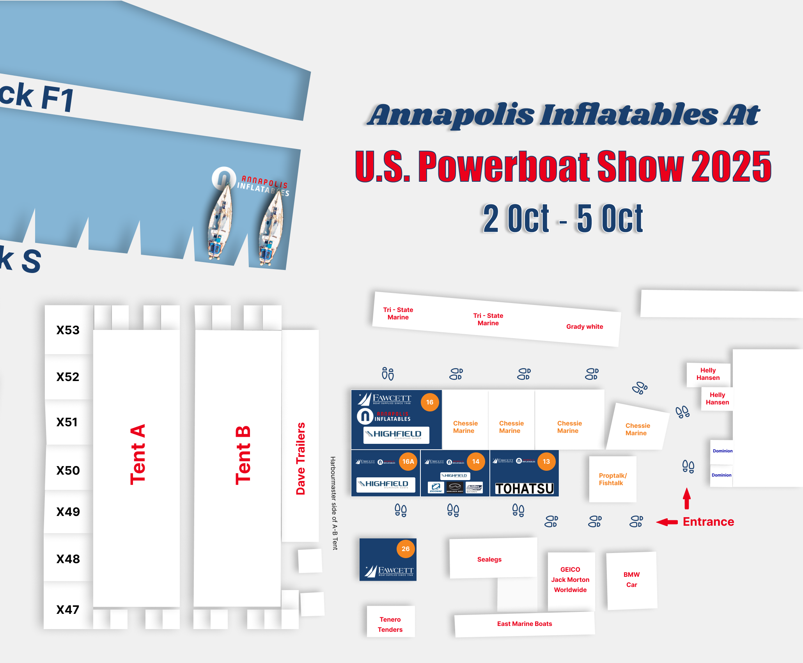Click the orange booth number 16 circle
pyautogui.click(x=429, y=402)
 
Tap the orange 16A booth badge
pyautogui.click(x=408, y=461)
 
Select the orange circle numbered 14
pyautogui.click(x=475, y=461)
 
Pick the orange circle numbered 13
pyautogui.click(x=546, y=461)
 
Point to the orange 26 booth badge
pyautogui.click(x=406, y=549)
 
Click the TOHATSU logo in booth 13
pyautogui.click(x=524, y=488)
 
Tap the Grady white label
pyautogui.click(x=584, y=326)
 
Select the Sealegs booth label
pyautogui.click(x=489, y=559)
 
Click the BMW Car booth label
pyautogui.click(x=631, y=580)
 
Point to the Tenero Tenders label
pyautogui.click(x=390, y=624)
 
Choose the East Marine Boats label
pyautogui.click(x=524, y=624)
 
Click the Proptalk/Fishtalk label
pyautogui.click(x=612, y=479)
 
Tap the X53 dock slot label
pyautogui.click(x=68, y=330)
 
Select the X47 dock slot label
pyautogui.click(x=68, y=609)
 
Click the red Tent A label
pyautogui.click(x=138, y=454)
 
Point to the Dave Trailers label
pyautogui.click(x=300, y=458)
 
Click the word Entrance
pyautogui.click(x=708, y=522)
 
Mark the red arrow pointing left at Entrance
pyautogui.click(x=667, y=522)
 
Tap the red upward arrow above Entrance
pyautogui.click(x=687, y=498)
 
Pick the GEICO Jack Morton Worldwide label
pyautogui.click(x=570, y=580)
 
